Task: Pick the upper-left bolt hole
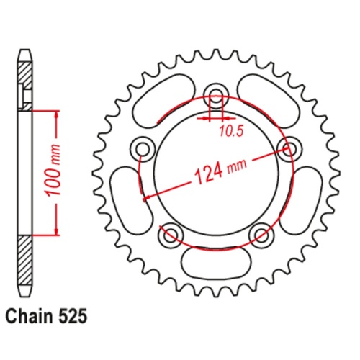coord(142,148)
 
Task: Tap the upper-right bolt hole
coord(289,148)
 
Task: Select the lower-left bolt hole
coord(170,234)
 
